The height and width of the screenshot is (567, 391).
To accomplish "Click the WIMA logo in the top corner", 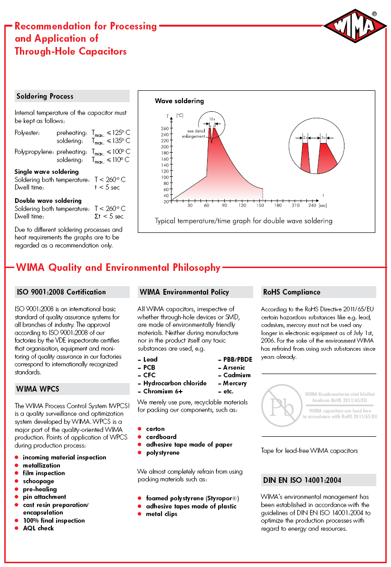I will pyautogui.click(x=355, y=29).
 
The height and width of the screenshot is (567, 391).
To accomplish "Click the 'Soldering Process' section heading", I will pyautogui.click(x=45, y=96).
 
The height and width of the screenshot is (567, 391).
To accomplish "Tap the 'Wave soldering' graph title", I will pyautogui.click(x=179, y=101).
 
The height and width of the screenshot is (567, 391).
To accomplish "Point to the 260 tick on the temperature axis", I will pyautogui.click(x=165, y=128).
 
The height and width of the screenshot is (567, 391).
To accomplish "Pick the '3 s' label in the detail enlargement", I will pyautogui.click(x=324, y=137).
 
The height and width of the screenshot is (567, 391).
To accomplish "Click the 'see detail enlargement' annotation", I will pyautogui.click(x=195, y=134).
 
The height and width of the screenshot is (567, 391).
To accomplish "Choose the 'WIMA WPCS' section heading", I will pyautogui.click(x=38, y=389).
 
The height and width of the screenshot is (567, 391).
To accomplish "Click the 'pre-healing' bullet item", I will pyautogui.click(x=40, y=489).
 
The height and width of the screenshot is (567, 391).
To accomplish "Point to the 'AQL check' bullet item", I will pyautogui.click(x=38, y=528).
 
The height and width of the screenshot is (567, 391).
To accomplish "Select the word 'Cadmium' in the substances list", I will pyautogui.click(x=237, y=375).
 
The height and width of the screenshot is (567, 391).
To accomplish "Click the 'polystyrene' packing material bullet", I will pyautogui.click(x=162, y=452).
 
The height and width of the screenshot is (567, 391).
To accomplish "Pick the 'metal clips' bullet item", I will pyautogui.click(x=162, y=514).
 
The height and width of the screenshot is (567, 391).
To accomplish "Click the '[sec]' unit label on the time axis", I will pyautogui.click(x=323, y=205).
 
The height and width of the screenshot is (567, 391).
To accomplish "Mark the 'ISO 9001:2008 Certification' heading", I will pyautogui.click(x=61, y=292).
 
